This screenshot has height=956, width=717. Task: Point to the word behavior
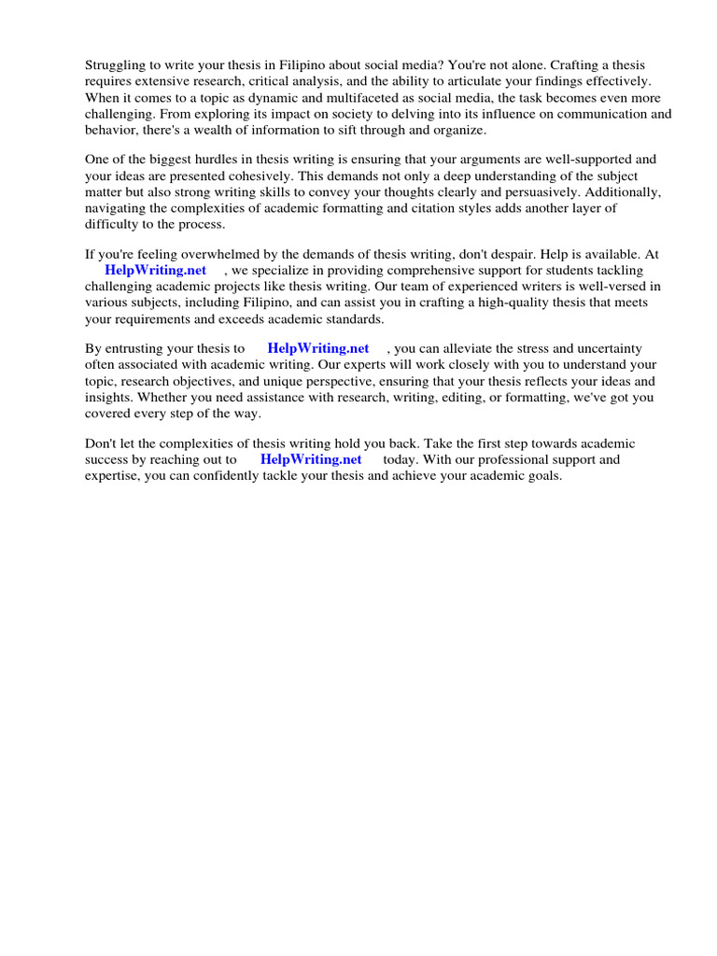coord(111,130)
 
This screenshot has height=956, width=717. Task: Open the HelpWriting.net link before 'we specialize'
coord(155,271)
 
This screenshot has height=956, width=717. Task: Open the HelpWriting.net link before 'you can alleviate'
coord(318,348)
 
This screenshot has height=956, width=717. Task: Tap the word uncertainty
coord(606,348)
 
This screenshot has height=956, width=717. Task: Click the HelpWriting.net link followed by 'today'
coord(311,459)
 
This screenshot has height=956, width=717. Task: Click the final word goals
coord(543,475)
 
